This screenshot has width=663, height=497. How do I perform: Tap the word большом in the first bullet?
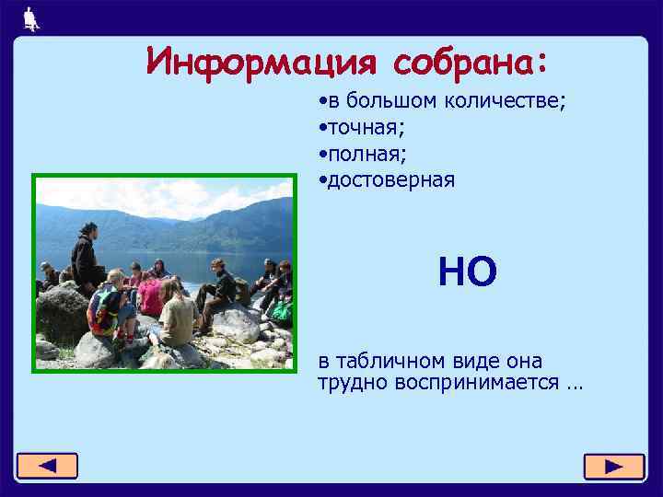click(387, 101)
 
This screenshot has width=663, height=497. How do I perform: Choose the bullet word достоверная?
click(389, 179)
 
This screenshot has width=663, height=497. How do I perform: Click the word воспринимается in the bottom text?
click(478, 382)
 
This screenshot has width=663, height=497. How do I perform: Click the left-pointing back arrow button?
click(47, 467)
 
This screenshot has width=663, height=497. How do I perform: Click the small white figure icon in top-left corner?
click(33, 18)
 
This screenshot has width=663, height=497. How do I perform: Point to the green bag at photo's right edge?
click(281, 313)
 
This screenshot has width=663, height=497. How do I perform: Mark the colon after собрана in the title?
click(540, 62)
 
